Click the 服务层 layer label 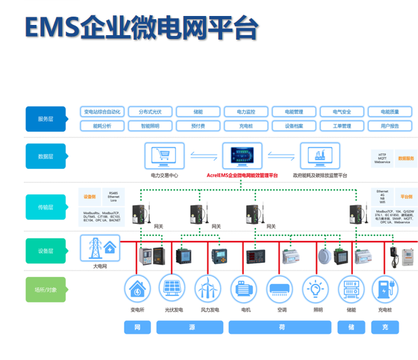tap(45, 119)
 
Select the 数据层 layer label tap(45, 156)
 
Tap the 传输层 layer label tap(45, 207)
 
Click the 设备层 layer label tap(45, 251)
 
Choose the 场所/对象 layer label tap(45, 290)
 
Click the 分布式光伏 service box tap(150, 112)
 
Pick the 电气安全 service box tap(342, 112)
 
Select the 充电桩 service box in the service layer tap(246, 126)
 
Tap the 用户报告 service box tap(390, 126)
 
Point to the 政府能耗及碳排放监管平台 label tap(319, 175)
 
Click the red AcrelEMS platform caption tap(242, 175)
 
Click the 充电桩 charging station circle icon tap(384, 290)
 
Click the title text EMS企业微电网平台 tap(141, 27)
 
